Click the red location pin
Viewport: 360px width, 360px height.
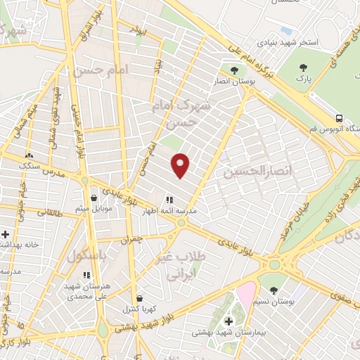pyautogui.click(x=181, y=165)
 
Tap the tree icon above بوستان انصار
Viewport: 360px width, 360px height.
pyautogui.click(x=235, y=70)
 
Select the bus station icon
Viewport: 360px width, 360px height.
pyautogui.click(x=340, y=117)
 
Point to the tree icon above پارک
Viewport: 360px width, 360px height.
pyautogui.click(x=304, y=67)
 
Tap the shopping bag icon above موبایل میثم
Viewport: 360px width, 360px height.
pyautogui.click(x=94, y=198)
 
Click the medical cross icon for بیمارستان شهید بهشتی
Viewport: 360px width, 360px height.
pyautogui.click(x=229, y=321)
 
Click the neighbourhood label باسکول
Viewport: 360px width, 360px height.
pyautogui.click(x=86, y=256)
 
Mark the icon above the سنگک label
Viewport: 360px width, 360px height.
pyautogui.click(x=29, y=155)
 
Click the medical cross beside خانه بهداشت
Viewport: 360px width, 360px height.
pyautogui.click(x=6, y=234)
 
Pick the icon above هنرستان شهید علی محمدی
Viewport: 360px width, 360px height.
pyautogui.click(x=86, y=275)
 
